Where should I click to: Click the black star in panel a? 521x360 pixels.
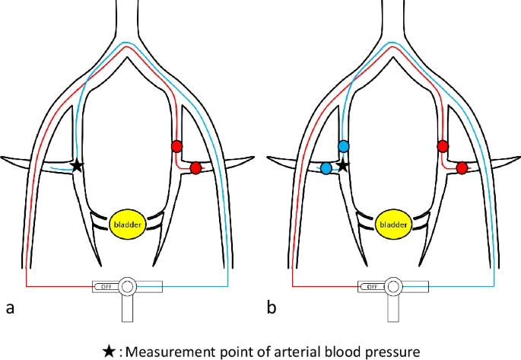point(76,165)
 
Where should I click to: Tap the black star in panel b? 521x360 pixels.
point(342,165)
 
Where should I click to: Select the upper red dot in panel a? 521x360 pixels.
point(176,146)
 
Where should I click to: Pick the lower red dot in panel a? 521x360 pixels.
point(195,167)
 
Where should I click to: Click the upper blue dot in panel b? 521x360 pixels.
point(343,146)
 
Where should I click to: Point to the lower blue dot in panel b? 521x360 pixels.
point(326,168)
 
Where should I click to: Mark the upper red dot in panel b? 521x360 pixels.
point(443,146)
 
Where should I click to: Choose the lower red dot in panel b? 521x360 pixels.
point(462,167)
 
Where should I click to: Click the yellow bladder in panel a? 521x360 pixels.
point(126,225)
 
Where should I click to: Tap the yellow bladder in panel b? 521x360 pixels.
point(392,225)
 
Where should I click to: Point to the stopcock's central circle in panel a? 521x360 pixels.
point(126,287)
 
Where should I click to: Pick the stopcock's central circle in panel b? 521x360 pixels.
point(392,287)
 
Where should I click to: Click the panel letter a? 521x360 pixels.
point(10,308)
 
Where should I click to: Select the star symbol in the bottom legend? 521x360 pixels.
point(110,351)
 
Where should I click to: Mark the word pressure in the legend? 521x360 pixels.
point(389,351)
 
